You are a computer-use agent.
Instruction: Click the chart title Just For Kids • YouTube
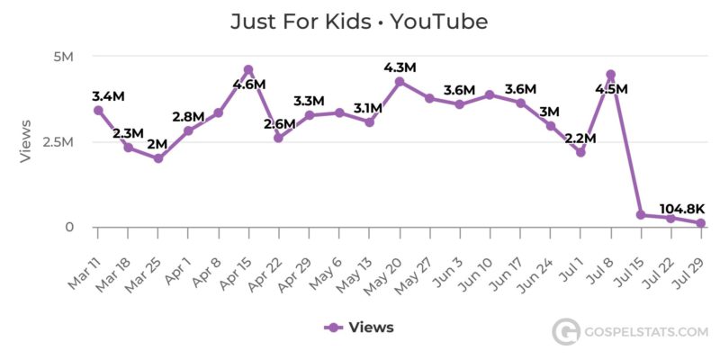(x=359, y=21)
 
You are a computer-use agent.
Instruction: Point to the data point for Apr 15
(x=248, y=70)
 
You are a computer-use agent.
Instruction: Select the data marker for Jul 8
(x=610, y=75)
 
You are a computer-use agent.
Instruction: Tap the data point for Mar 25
(x=158, y=158)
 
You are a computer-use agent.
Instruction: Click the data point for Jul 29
(x=700, y=223)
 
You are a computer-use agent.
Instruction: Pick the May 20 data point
(x=400, y=81)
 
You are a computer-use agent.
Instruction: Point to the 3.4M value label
(x=109, y=95)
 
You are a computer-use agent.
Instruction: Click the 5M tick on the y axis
(x=63, y=57)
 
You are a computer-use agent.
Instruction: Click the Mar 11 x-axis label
(x=85, y=261)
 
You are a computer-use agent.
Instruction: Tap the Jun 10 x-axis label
(x=476, y=262)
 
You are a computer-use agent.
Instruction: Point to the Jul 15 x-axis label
(x=627, y=261)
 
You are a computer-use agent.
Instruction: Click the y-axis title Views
(x=26, y=141)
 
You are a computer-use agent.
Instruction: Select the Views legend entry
(x=359, y=328)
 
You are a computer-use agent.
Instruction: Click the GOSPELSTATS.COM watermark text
(x=645, y=332)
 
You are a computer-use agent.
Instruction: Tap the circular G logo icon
(x=564, y=332)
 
